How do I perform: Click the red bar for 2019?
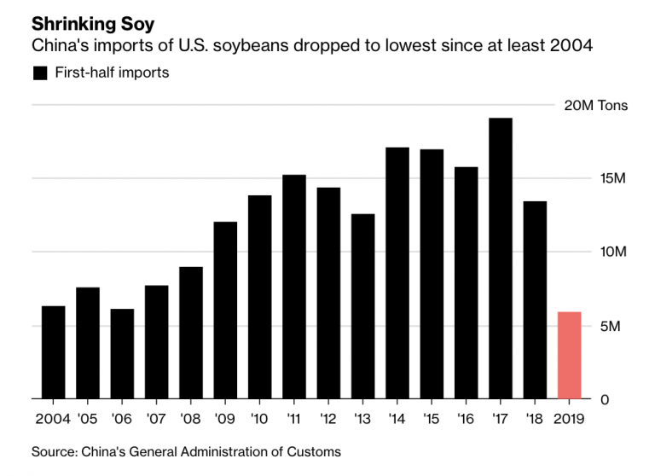[x=569, y=356]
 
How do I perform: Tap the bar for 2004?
[x=53, y=352]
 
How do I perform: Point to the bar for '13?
[x=362, y=306]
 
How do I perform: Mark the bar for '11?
[x=294, y=287]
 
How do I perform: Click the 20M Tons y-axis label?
[x=596, y=106]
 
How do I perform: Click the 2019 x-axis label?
[x=569, y=419]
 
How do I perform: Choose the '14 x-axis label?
[x=397, y=419]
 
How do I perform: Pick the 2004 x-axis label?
[x=53, y=419]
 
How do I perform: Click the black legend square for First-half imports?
[x=39, y=73]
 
